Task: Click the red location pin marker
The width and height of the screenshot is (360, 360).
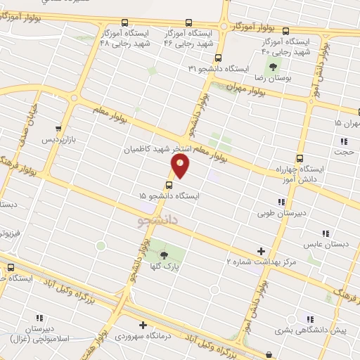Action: pos(181,166)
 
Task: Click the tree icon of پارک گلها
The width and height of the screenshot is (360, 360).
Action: pos(164,255)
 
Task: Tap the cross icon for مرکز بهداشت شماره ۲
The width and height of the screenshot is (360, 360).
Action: pos(262,250)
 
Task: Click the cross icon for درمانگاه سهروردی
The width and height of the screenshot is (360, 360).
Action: pos(143,326)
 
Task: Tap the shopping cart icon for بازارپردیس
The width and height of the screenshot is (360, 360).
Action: pos(58,130)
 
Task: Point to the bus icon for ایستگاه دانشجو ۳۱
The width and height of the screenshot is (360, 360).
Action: pos(219,58)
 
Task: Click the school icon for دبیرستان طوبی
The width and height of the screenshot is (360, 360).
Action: pos(282,202)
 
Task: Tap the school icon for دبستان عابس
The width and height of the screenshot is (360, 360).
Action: pos(325,233)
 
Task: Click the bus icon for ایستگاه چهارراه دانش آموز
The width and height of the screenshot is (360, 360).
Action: pos(300,158)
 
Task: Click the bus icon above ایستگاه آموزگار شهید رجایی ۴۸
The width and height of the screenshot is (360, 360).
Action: pos(124,22)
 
